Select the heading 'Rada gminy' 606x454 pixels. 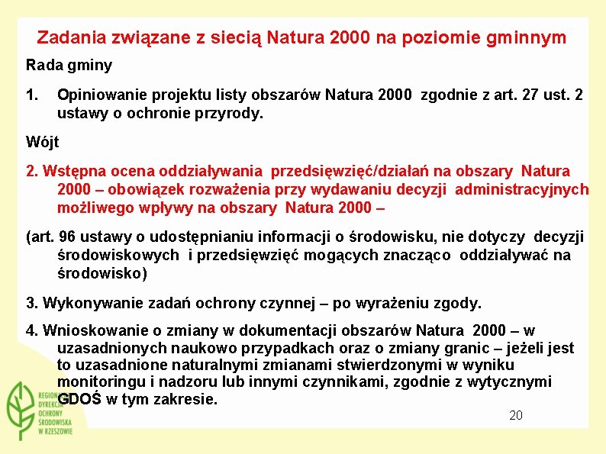point(69,66)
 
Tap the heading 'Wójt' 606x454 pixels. point(42,142)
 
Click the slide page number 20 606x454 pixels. point(516,415)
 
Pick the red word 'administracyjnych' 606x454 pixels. point(521,189)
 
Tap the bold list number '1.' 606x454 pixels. point(32,95)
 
